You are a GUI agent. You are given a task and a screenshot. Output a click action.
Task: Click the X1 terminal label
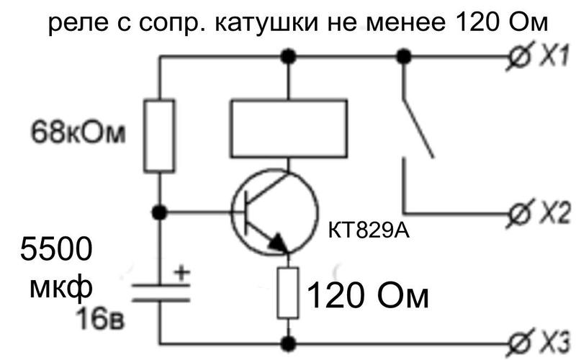554,56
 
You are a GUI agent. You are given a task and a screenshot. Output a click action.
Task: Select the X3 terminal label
554,344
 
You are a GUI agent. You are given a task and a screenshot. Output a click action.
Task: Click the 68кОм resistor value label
78,132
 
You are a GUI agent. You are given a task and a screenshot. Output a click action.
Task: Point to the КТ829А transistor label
369,231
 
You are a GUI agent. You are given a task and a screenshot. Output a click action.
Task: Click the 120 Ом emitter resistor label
368,296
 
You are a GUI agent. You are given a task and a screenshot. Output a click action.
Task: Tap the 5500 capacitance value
56,248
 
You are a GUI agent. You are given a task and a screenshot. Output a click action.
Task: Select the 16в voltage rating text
100,318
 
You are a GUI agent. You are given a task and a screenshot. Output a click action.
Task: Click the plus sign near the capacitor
181,274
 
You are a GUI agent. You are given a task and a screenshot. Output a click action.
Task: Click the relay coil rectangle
289,129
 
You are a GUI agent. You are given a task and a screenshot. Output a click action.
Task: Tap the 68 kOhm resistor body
159,135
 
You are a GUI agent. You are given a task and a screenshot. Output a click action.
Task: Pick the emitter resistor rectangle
288,293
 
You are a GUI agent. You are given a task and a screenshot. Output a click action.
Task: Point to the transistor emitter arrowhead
279,243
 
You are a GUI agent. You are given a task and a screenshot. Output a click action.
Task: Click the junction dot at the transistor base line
159,212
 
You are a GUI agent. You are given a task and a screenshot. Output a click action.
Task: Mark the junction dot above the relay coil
288,56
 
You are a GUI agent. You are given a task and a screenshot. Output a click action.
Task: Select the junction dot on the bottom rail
288,344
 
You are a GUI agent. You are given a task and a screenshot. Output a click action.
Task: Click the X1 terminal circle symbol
518,56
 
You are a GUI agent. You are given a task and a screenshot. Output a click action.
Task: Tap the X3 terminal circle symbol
518,344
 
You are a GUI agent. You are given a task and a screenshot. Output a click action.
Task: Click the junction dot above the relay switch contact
404,56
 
